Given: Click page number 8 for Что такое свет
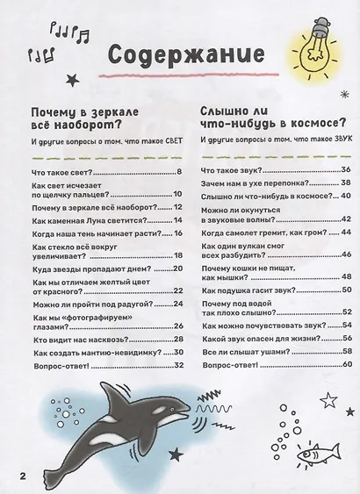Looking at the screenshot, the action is [x=178, y=171].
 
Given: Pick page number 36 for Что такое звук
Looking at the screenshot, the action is [x=345, y=170].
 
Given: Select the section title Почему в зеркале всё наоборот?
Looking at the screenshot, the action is [x=87, y=118].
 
